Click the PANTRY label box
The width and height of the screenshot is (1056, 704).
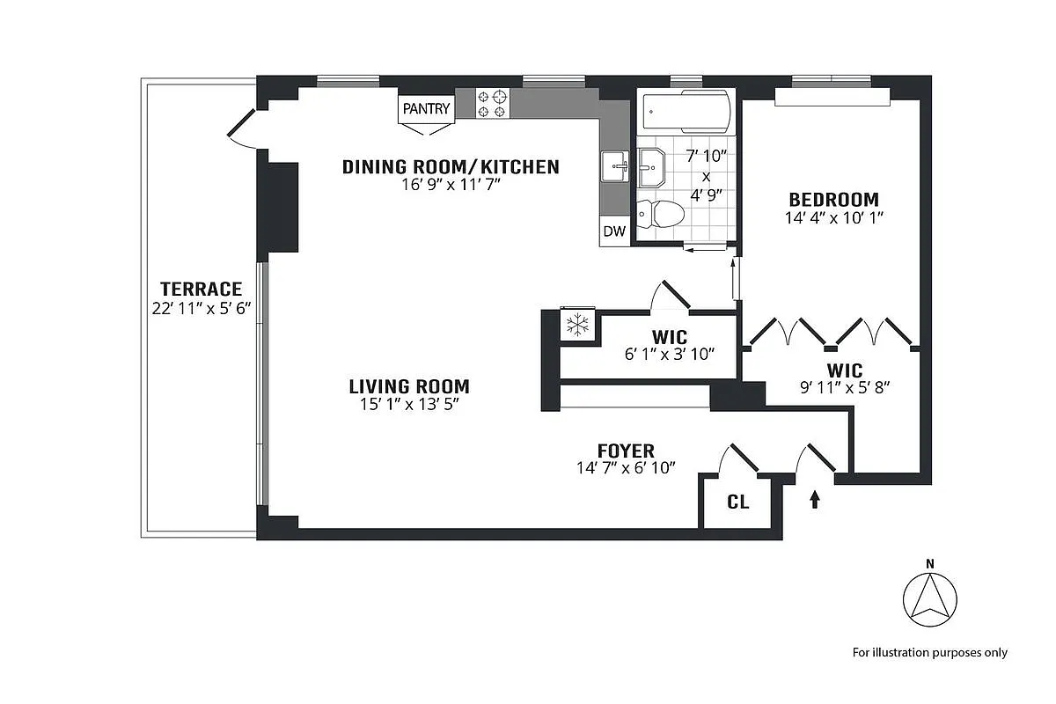pyautogui.click(x=426, y=109)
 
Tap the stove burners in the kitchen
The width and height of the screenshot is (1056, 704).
pyautogui.click(x=493, y=104)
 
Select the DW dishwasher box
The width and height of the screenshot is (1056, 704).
pyautogui.click(x=614, y=232)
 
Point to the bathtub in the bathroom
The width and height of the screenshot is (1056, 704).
pyautogui.click(x=686, y=111)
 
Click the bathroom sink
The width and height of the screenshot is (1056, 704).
pyautogui.click(x=652, y=166)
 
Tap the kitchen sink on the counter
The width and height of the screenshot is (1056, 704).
pyautogui.click(x=614, y=165)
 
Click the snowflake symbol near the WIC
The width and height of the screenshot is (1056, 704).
pyautogui.click(x=577, y=326)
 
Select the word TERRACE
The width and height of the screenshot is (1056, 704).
pyautogui.click(x=201, y=289)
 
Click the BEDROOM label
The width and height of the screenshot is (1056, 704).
pyautogui.click(x=832, y=199)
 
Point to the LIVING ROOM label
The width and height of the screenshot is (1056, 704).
pyautogui.click(x=409, y=385)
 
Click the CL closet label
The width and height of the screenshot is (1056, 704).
pyautogui.click(x=738, y=502)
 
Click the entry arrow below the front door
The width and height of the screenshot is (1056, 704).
pyautogui.click(x=814, y=500)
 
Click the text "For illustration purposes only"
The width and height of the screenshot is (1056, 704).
pyautogui.click(x=929, y=653)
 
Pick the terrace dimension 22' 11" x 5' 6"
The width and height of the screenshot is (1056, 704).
pyautogui.click(x=201, y=308)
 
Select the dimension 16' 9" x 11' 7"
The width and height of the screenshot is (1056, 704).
pyautogui.click(x=450, y=186)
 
